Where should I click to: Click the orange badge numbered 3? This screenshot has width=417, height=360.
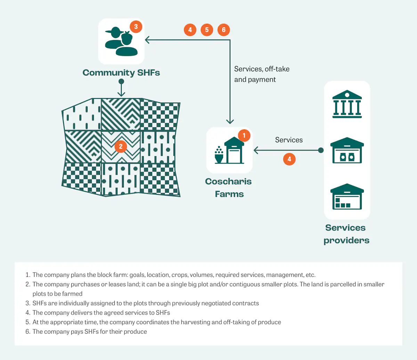(x=136, y=26)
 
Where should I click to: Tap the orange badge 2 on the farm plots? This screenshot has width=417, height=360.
(x=121, y=146)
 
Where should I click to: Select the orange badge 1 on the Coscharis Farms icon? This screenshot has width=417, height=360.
(x=244, y=135)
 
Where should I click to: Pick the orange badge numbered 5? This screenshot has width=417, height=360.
(x=207, y=30)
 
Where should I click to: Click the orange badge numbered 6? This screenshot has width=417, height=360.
(x=223, y=30)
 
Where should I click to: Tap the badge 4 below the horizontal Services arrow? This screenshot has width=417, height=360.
(x=289, y=159)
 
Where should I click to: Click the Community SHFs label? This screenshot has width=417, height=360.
(x=121, y=73)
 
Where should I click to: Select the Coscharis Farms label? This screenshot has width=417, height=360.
(x=229, y=187)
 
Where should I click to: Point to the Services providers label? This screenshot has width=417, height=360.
(x=346, y=234)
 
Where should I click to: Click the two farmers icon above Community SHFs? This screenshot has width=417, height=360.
(x=121, y=42)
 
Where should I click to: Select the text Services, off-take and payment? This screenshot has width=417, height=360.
(x=261, y=74)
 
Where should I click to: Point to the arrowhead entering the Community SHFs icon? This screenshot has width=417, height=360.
(x=147, y=40)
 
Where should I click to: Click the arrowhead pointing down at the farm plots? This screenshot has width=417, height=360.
(x=121, y=94)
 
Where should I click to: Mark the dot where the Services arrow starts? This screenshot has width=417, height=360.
(x=321, y=150)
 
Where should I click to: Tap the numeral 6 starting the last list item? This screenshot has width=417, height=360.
(x=28, y=331)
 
